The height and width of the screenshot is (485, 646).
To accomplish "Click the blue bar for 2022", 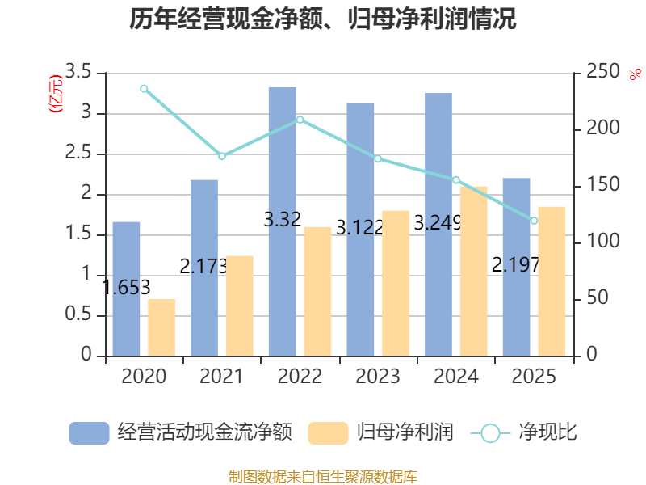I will click(283, 221).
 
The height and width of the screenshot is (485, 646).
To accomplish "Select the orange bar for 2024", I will click(474, 271).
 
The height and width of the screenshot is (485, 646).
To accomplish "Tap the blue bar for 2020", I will click(126, 289).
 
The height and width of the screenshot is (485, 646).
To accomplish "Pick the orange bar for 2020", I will click(161, 327).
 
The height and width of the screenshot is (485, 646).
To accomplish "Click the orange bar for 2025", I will click(552, 280).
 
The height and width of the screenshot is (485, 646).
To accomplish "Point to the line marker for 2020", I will click(144, 88).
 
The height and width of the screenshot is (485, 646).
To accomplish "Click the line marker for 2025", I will click(534, 221).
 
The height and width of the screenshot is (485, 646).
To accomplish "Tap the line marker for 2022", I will click(300, 120).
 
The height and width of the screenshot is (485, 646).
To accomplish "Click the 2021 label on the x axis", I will click(221, 377).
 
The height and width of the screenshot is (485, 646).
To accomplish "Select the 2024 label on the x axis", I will click(455, 377).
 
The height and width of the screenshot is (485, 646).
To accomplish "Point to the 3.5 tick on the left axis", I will click(79, 73).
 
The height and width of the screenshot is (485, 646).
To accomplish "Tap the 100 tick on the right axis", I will click(597, 242).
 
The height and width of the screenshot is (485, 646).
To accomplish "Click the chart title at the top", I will click(323, 19).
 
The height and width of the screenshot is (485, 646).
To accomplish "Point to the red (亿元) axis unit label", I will click(56, 95).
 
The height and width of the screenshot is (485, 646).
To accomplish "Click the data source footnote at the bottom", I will click(323, 476).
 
